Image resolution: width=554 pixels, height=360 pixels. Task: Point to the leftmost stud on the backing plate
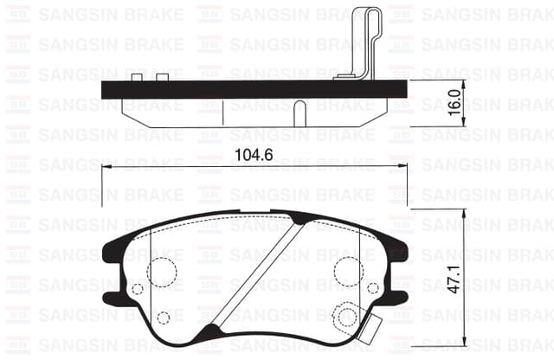pyautogui.click(x=135, y=79)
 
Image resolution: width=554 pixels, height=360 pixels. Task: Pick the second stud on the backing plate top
pyautogui.click(x=163, y=79)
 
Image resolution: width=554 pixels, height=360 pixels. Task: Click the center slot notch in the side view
pyautogui.click(x=298, y=112)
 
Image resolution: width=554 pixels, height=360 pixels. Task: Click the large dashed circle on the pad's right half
pyautogui.click(x=348, y=271)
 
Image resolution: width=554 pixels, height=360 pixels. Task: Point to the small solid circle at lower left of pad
pyautogui.click(x=162, y=317)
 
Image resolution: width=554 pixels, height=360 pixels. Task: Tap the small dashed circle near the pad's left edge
pyautogui.click(x=137, y=289)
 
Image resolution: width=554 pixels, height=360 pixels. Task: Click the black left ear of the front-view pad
pyautogui.click(x=111, y=252)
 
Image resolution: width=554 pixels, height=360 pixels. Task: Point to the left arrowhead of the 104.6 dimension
pyautogui.click(x=106, y=167)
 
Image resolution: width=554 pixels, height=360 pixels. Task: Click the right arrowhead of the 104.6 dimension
pyautogui.click(x=404, y=167)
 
